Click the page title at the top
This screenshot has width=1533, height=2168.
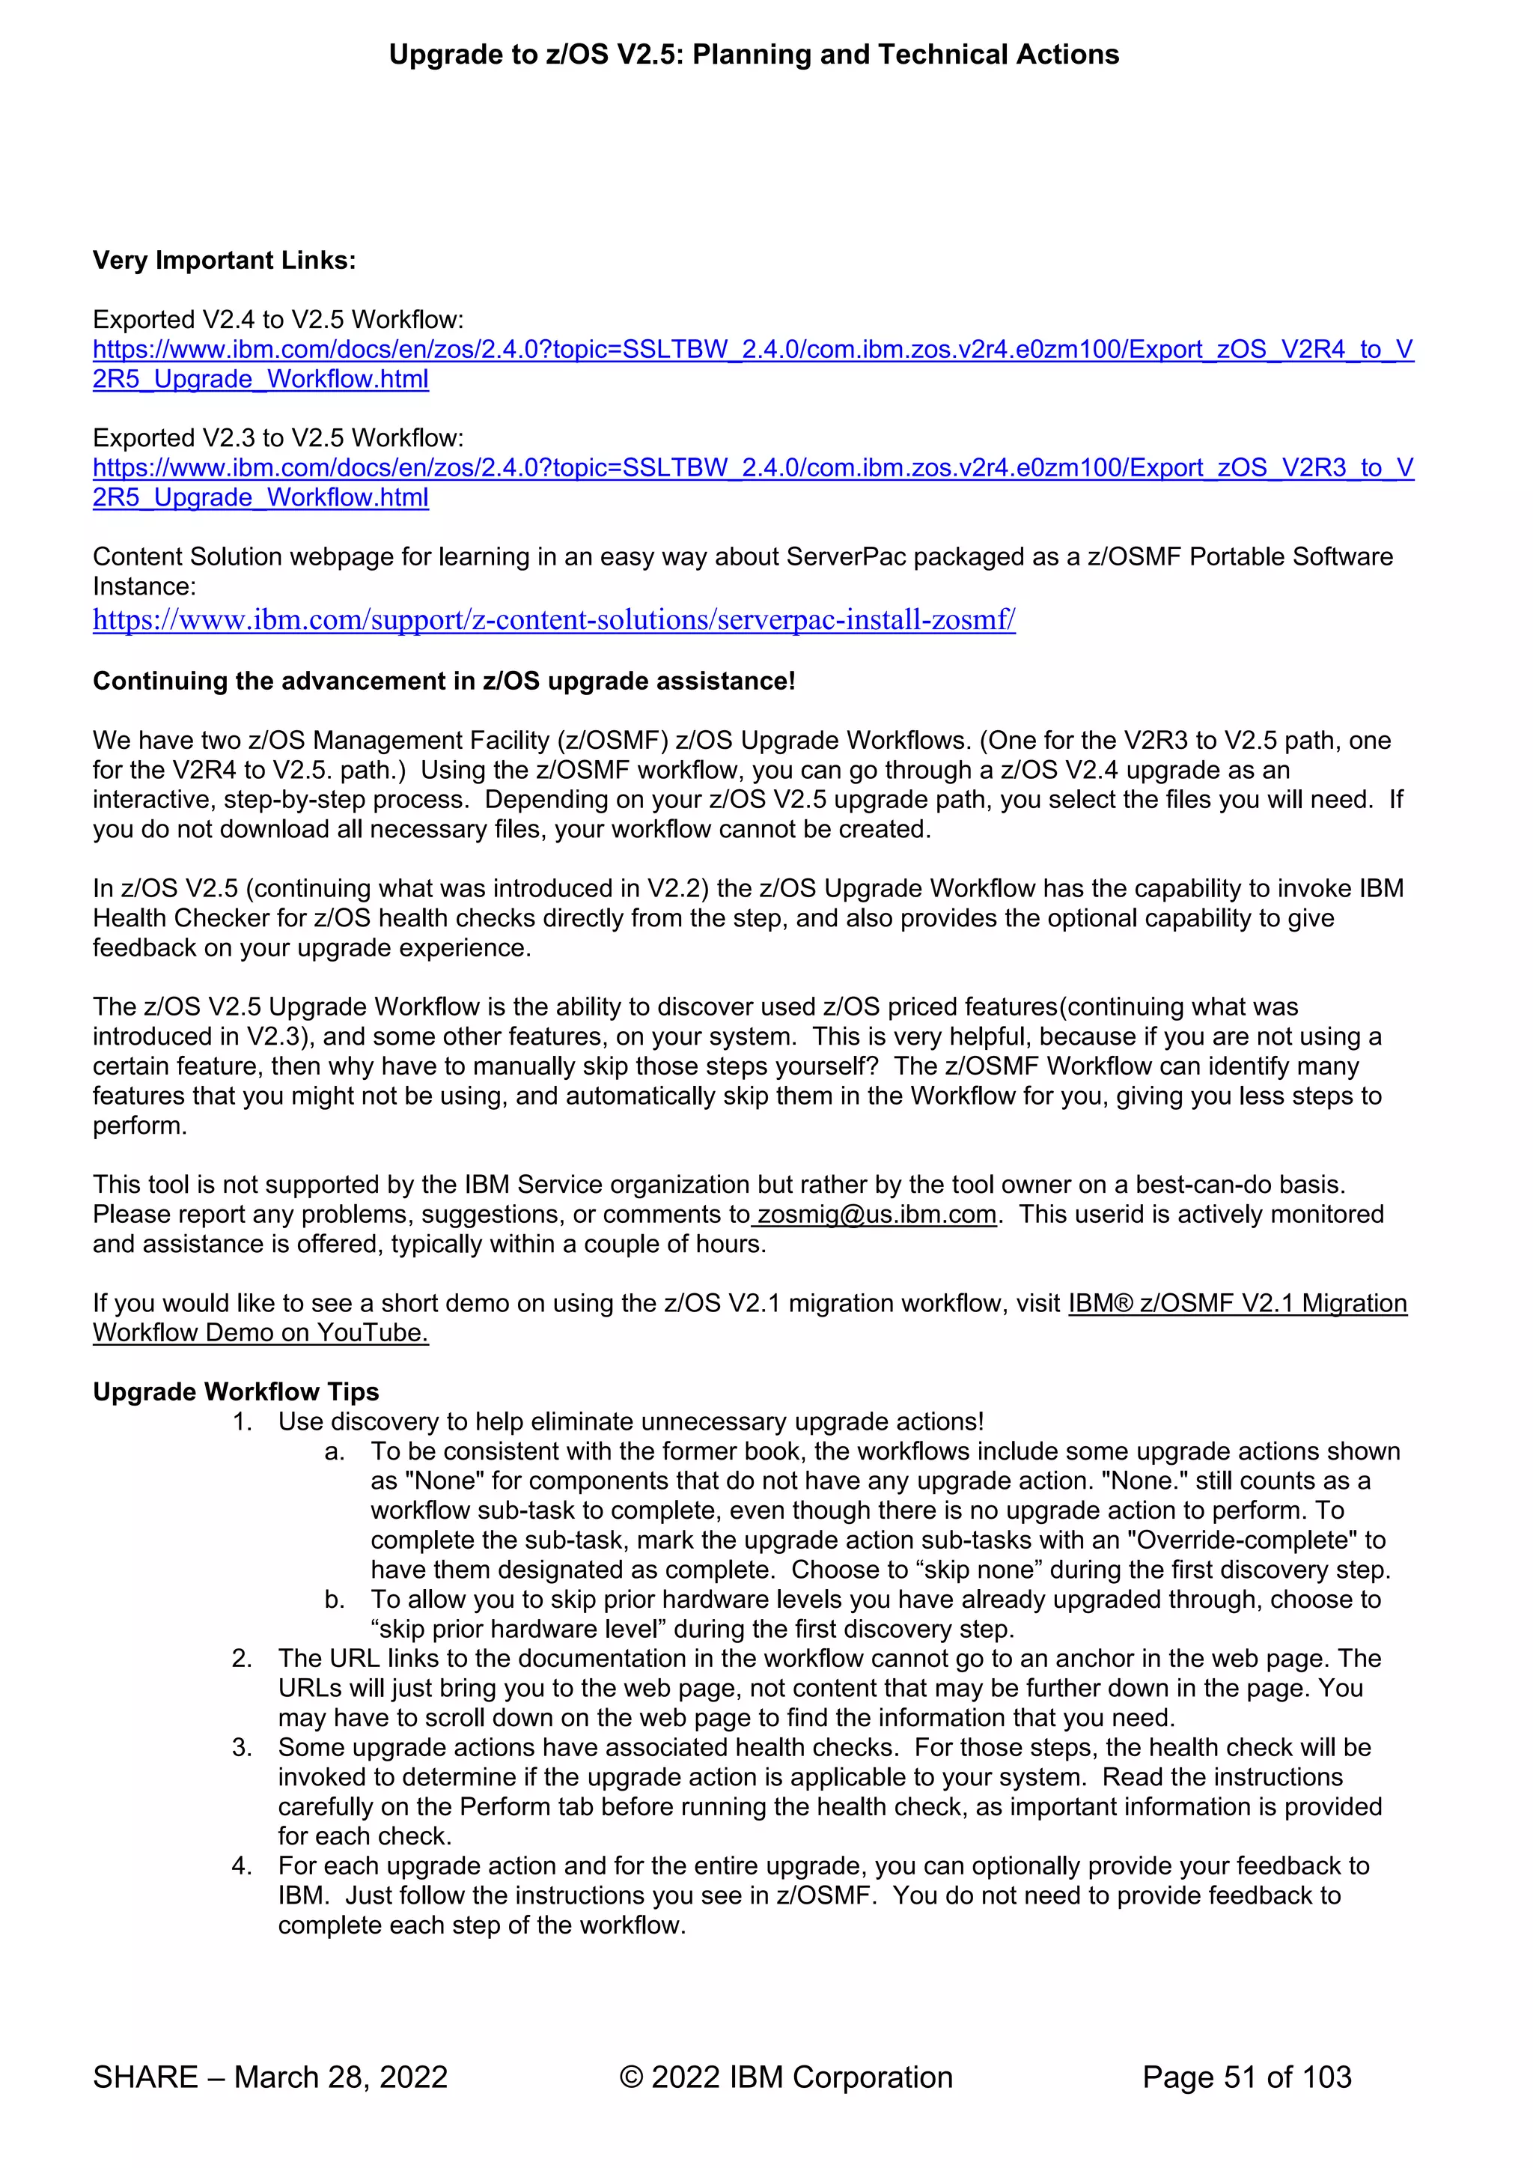(753, 55)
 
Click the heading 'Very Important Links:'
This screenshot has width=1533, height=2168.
(224, 261)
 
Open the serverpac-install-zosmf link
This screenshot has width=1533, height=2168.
(553, 620)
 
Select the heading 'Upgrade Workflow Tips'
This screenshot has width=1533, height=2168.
(235, 1392)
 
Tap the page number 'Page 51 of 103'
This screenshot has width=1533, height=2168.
(1246, 2077)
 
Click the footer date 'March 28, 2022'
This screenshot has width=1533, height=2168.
(341, 2077)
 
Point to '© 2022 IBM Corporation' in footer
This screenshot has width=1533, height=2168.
(785, 2077)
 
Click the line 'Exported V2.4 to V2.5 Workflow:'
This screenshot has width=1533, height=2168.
(278, 320)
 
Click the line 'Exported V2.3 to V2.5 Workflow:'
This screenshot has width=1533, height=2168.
(278, 438)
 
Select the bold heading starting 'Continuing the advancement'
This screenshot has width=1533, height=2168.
(444, 681)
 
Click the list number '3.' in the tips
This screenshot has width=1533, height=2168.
(242, 1748)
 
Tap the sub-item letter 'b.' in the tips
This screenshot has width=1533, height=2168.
(334, 1600)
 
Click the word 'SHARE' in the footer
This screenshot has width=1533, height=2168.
(145, 2077)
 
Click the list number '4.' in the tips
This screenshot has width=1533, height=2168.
(242, 1866)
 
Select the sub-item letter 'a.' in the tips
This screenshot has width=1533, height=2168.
(334, 1451)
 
